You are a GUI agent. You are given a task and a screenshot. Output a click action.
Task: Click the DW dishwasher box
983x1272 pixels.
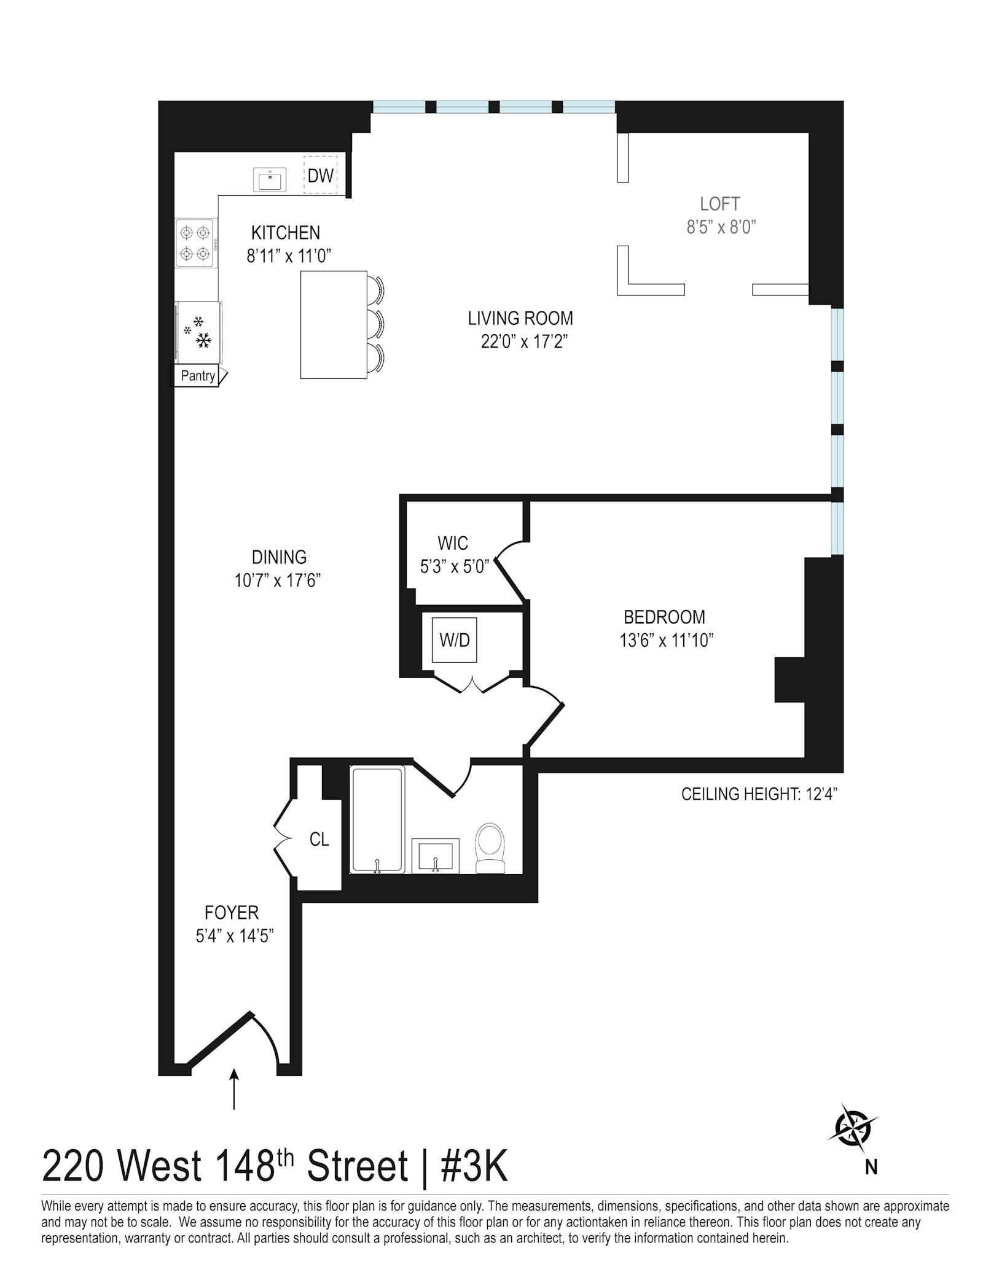click(x=320, y=176)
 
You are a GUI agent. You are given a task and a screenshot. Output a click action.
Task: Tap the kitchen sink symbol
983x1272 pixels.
click(x=270, y=181)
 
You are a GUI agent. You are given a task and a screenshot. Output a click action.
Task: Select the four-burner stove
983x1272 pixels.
click(x=195, y=243)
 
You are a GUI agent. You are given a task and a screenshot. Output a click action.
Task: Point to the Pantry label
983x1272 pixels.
click(x=198, y=376)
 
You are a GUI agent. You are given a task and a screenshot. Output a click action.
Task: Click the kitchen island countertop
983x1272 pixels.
click(x=333, y=324)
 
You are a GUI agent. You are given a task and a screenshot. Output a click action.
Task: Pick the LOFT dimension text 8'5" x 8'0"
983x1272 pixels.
click(x=720, y=227)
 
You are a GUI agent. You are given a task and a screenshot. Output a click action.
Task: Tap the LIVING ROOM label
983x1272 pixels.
click(x=520, y=318)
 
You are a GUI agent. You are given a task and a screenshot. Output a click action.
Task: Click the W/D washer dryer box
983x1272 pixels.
click(x=454, y=640)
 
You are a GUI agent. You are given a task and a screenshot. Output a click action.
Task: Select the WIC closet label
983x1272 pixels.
click(x=453, y=543)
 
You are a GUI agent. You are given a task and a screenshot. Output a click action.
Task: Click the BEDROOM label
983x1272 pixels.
click(x=664, y=617)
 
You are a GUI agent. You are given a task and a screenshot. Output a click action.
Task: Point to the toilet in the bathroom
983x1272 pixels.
click(x=490, y=848)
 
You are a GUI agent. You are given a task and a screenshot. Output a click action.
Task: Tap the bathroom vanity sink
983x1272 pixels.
click(x=435, y=854)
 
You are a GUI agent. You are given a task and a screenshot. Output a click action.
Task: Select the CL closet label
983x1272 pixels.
click(x=319, y=839)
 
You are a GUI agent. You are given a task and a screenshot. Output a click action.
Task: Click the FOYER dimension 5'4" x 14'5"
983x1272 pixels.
click(x=234, y=935)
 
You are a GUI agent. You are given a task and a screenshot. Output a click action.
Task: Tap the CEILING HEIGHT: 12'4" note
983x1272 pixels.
click(x=759, y=794)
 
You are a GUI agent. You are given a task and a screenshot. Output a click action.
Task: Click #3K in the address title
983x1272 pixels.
click(x=474, y=1167)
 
